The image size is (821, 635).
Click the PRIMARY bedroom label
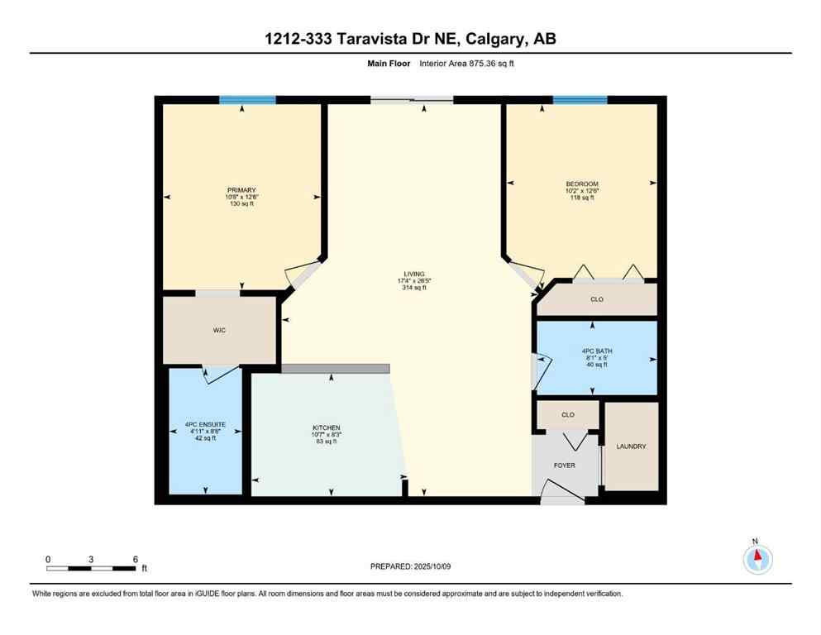click(x=242, y=189)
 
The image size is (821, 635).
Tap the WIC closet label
click(x=219, y=329)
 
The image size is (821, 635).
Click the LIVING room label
click(x=413, y=274)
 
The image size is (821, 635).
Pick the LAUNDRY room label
click(x=631, y=446)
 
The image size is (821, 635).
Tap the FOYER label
click(x=564, y=466)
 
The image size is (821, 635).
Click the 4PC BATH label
click(x=596, y=351)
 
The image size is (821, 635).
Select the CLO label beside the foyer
click(x=567, y=414)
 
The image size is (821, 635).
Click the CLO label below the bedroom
click(x=597, y=299)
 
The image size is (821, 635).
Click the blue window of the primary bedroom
click(x=247, y=100)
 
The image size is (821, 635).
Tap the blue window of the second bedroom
click(x=580, y=100)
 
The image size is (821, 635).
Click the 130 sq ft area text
click(x=242, y=204)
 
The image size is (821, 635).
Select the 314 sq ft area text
click(x=413, y=289)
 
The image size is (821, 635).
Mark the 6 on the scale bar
click(x=135, y=559)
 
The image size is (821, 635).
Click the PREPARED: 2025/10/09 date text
click(x=410, y=566)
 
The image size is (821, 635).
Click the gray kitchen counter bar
click(x=335, y=369)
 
